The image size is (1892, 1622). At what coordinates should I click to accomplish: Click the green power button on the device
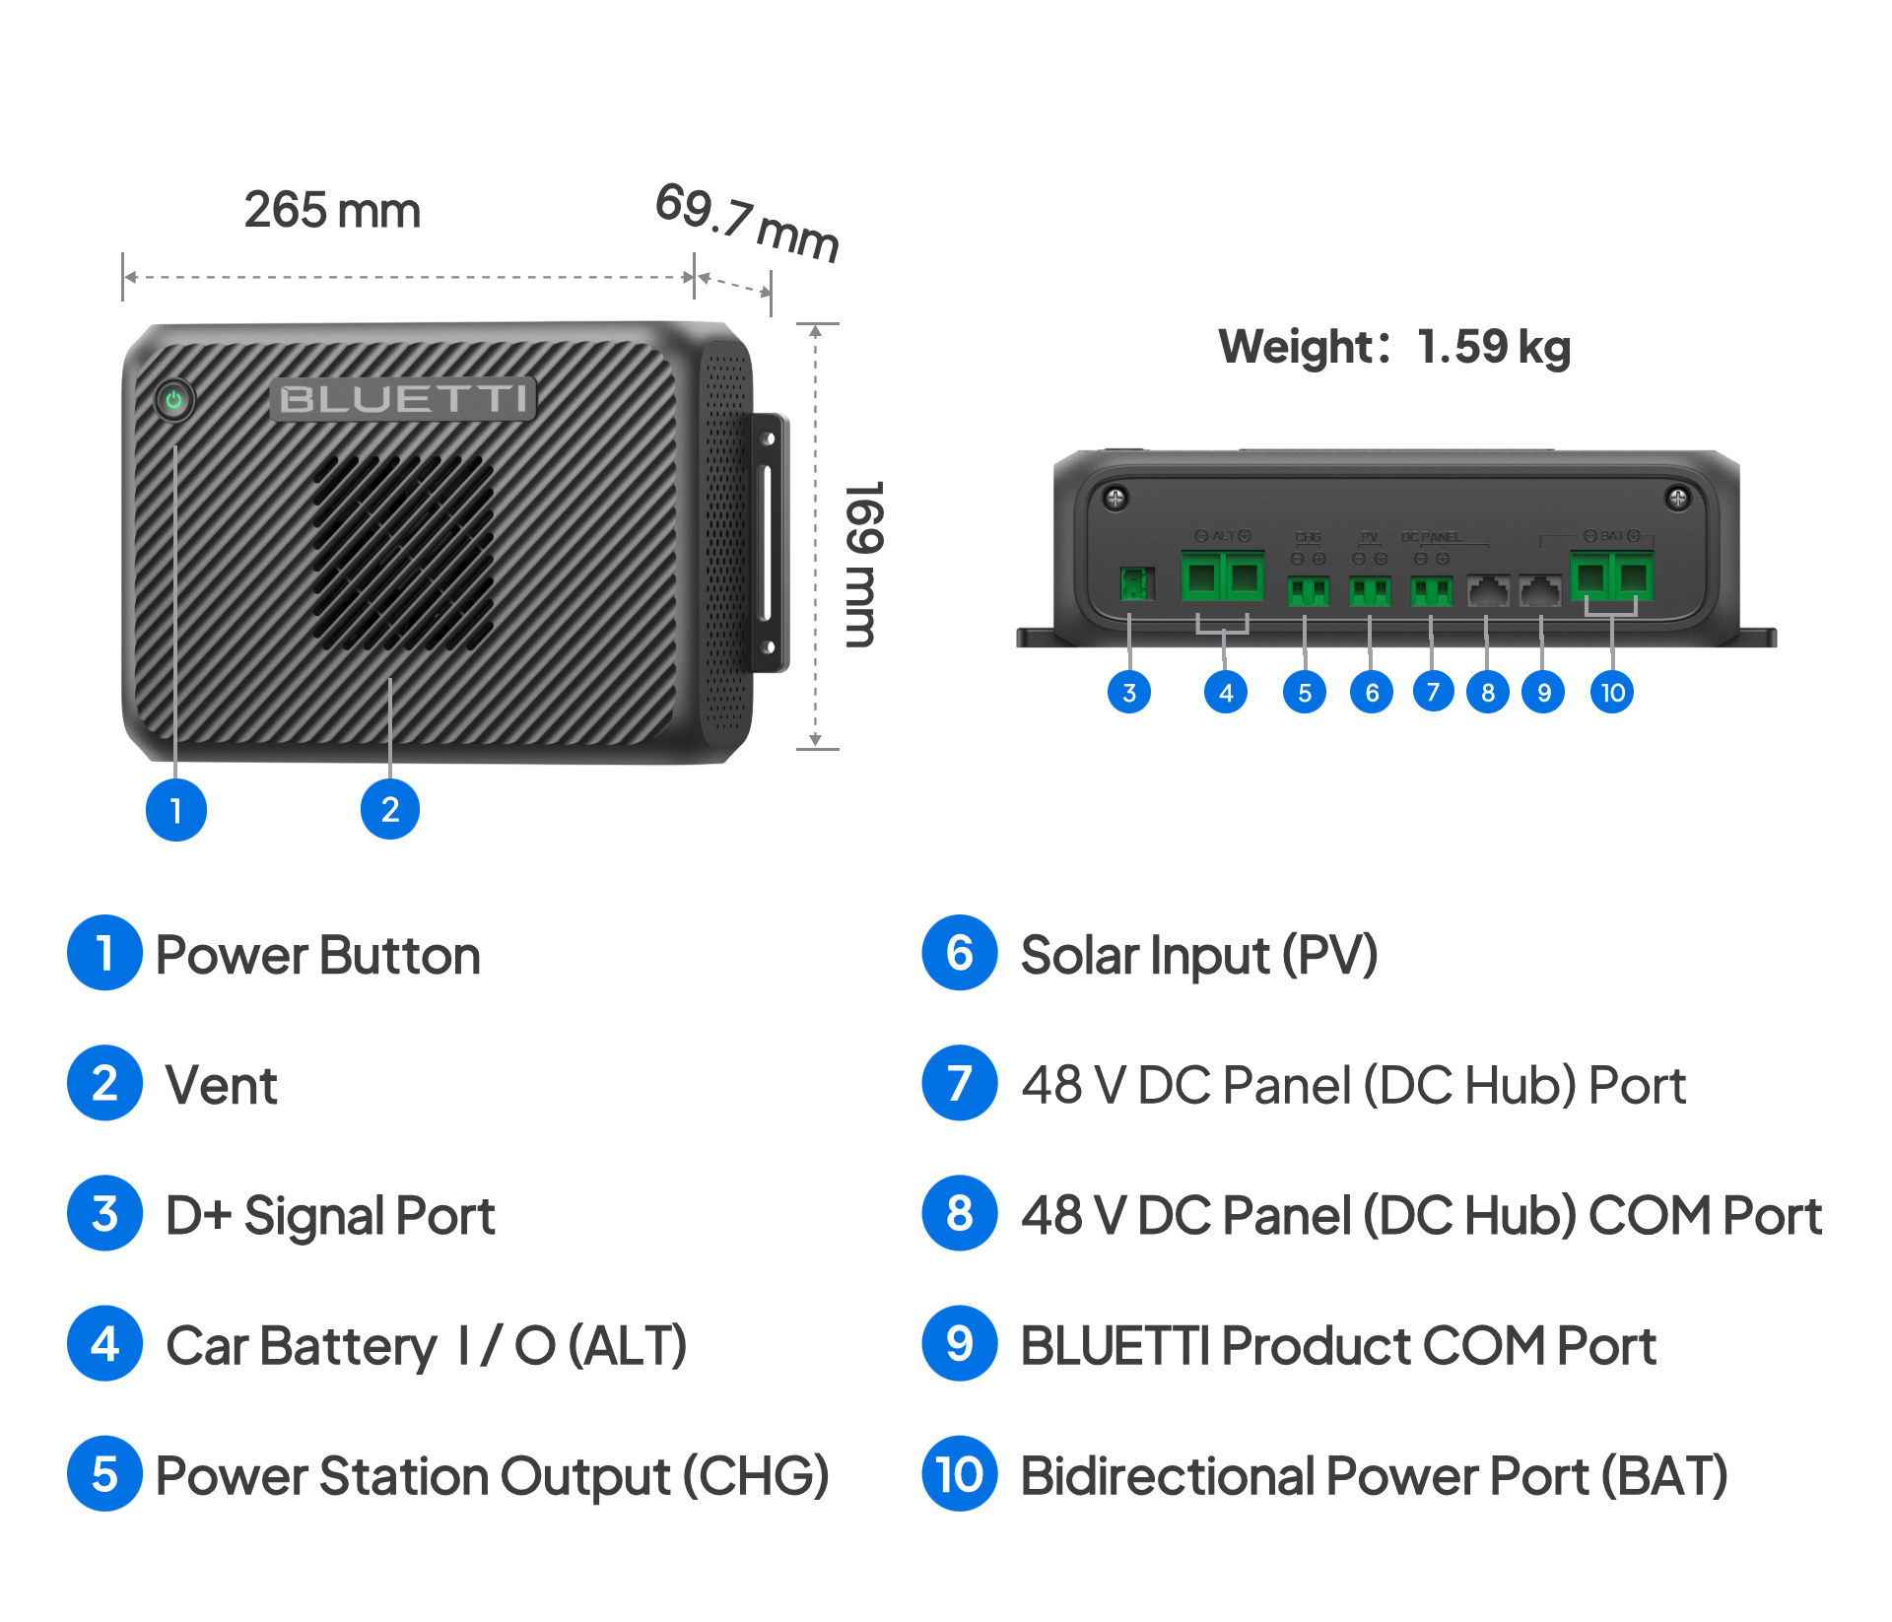click(x=174, y=400)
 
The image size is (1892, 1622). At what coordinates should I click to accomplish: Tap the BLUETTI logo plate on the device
click(x=403, y=399)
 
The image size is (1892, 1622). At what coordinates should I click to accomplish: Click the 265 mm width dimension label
click(x=332, y=210)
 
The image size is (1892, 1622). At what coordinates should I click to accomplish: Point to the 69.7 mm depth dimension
click(x=747, y=223)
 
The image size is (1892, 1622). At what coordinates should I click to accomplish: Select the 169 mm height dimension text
click(x=864, y=564)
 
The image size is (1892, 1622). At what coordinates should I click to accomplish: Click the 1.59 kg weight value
click(x=1494, y=346)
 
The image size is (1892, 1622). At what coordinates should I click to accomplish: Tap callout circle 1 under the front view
click(x=175, y=810)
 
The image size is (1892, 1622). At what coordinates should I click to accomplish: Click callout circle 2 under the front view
click(x=390, y=809)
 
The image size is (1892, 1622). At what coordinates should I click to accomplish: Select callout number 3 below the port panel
click(x=1129, y=693)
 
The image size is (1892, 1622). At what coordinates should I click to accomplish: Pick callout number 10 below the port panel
click(x=1612, y=693)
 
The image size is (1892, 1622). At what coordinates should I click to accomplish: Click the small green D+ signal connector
click(x=1135, y=583)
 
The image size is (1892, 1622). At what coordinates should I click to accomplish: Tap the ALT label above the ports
click(x=1223, y=536)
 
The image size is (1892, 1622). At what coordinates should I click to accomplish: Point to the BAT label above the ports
click(x=1612, y=536)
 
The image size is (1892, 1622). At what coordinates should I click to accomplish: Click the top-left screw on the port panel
click(x=1115, y=499)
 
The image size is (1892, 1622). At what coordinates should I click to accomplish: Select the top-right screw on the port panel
click(x=1677, y=498)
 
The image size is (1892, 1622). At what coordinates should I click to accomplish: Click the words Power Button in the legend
click(x=317, y=955)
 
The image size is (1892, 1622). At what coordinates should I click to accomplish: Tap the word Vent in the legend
click(x=221, y=1085)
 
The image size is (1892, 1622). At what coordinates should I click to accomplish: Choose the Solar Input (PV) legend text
click(x=1198, y=955)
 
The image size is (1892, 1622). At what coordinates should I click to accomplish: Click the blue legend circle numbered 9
click(x=959, y=1344)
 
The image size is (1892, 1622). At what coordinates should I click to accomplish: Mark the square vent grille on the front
click(x=403, y=552)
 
